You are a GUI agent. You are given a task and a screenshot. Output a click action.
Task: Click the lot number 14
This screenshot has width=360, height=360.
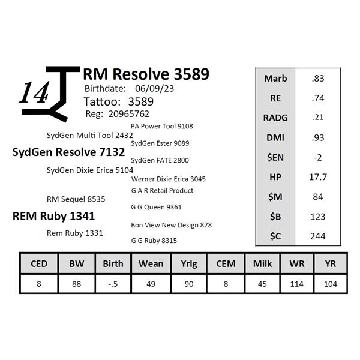point(34,93)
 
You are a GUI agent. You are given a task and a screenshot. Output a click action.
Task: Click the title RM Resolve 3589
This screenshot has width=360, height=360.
point(146,74)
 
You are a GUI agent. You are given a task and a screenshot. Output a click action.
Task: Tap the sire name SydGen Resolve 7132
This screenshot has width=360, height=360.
point(68,152)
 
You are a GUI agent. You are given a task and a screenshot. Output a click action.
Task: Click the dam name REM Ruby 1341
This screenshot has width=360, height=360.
point(53,216)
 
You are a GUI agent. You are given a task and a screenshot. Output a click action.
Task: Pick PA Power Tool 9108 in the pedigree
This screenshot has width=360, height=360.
point(161,126)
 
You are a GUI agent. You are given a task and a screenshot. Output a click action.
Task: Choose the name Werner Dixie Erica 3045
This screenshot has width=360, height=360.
point(168,179)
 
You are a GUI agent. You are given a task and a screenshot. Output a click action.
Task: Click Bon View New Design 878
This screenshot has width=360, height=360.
point(171,225)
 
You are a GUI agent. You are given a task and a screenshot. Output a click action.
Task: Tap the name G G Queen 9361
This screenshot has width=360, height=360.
point(156,207)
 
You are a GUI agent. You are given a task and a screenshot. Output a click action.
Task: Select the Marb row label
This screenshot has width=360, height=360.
point(275,79)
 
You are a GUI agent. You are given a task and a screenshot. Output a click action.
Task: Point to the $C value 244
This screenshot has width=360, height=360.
point(319,236)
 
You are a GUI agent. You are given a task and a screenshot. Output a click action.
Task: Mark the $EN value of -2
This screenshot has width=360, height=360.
point(319,157)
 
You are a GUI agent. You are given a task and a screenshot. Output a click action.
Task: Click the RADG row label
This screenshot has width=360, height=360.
point(275,118)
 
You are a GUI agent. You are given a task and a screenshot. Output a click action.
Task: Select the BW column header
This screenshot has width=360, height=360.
point(76,263)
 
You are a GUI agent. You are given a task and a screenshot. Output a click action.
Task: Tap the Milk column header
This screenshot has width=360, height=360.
point(262,263)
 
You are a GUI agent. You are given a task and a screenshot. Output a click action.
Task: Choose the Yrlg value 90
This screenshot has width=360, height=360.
point(187,284)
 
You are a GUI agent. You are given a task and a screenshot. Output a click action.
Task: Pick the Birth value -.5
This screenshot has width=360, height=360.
point(113,284)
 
